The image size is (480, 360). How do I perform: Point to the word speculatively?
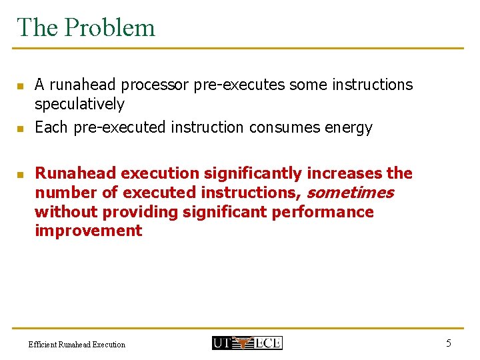[79, 104]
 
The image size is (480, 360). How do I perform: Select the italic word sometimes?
[350, 193]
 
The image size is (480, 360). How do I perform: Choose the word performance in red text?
[331, 212]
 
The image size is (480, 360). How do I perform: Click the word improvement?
[88, 231]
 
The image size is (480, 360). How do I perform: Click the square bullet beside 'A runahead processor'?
[20, 86]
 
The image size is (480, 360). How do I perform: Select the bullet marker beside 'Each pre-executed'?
[20, 128]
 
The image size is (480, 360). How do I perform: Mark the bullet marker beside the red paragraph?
[20, 175]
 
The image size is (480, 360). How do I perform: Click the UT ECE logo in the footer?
[247, 343]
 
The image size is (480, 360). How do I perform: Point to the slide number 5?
[448, 343]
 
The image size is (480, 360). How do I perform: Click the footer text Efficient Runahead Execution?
[77, 345]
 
